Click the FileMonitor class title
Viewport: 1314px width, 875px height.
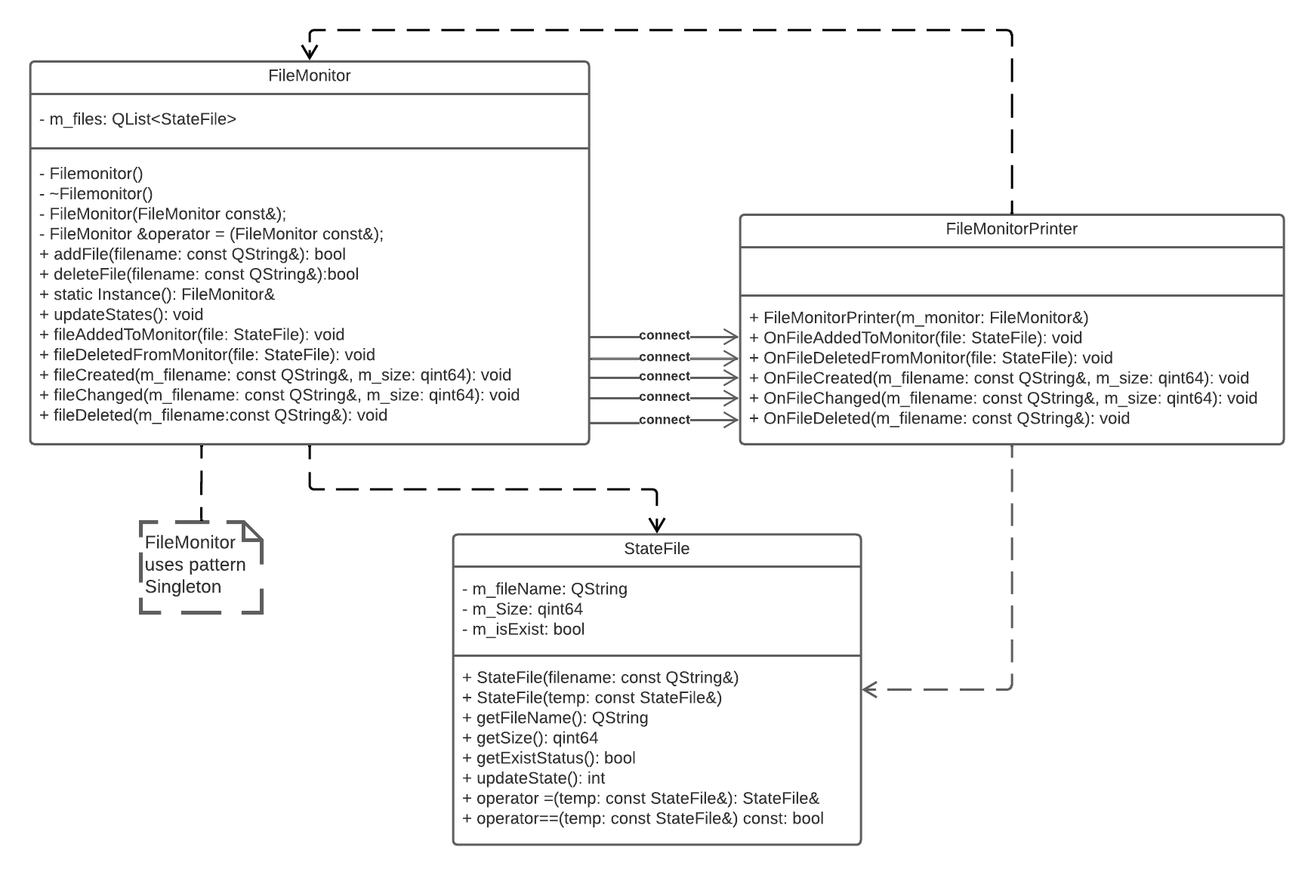click(x=309, y=75)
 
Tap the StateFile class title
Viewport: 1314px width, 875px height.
click(x=656, y=549)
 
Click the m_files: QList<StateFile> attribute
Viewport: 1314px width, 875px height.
click(x=137, y=119)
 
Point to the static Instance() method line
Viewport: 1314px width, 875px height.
click(x=157, y=294)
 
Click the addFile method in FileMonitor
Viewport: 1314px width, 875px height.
click(x=192, y=254)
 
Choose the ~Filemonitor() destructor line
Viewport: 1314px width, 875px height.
click(x=96, y=194)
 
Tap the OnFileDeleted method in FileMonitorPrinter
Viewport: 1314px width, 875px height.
click(x=939, y=418)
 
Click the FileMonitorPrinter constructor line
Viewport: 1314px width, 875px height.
click(x=918, y=318)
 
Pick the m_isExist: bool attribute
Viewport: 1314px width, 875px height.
click(x=523, y=630)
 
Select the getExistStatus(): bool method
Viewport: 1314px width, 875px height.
click(x=548, y=758)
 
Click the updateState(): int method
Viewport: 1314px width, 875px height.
click(x=533, y=778)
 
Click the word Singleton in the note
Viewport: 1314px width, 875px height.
click(x=183, y=587)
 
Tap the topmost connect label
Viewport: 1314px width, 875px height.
click(x=664, y=335)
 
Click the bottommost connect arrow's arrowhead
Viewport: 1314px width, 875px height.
click(x=731, y=420)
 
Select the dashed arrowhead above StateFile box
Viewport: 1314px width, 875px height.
click(x=657, y=525)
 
